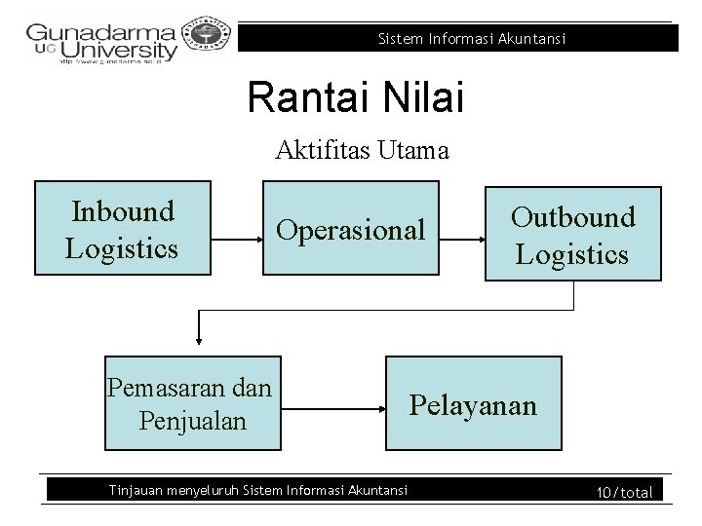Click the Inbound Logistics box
(x=122, y=228)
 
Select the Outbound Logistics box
(x=572, y=234)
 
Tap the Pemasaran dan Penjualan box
(x=192, y=403)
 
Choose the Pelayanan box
(x=474, y=403)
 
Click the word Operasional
(x=351, y=230)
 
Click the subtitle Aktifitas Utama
(x=362, y=150)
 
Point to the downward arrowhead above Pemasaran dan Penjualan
(x=199, y=339)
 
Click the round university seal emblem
(x=204, y=34)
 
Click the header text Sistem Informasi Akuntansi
(x=471, y=39)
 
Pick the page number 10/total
(x=624, y=493)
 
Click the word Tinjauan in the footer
(x=136, y=490)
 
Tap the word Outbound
(x=572, y=217)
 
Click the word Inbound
(x=123, y=211)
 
